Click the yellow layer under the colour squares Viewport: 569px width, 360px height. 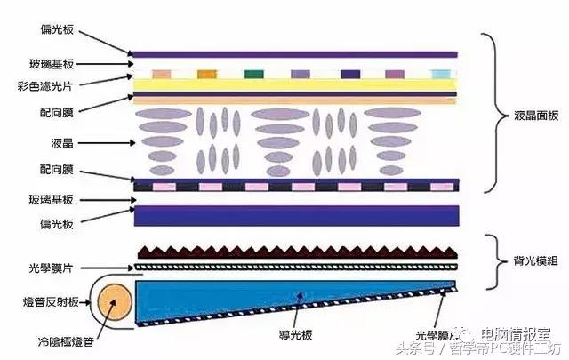(294, 84)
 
